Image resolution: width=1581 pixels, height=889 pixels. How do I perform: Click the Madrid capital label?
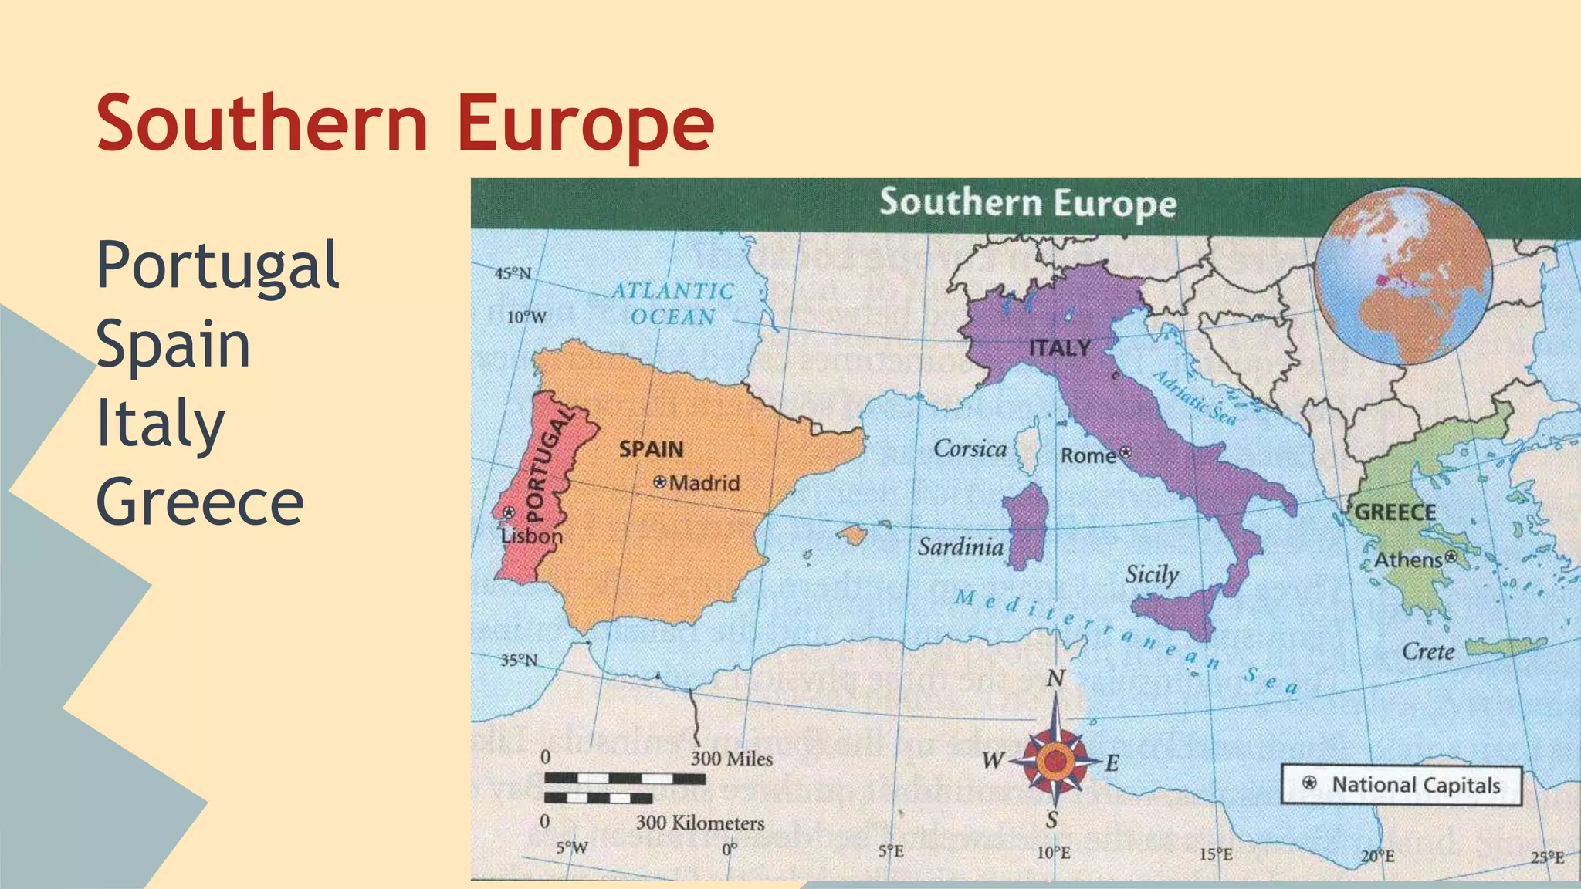click(x=703, y=483)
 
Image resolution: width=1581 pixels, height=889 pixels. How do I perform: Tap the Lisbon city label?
click(x=531, y=536)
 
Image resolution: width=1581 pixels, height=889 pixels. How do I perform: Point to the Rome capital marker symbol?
click(x=1126, y=452)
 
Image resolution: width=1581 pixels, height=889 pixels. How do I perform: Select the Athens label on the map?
click(x=1408, y=559)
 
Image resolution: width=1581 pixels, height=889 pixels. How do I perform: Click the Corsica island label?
click(x=970, y=448)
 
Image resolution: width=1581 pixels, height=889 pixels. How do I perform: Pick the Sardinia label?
click(x=960, y=547)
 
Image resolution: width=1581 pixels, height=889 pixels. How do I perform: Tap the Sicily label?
click(x=1151, y=574)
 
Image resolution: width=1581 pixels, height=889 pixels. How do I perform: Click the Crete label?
click(x=1427, y=652)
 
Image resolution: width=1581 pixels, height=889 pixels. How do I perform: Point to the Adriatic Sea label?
click(x=1194, y=397)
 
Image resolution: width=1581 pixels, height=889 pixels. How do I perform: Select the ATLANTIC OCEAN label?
click(x=672, y=303)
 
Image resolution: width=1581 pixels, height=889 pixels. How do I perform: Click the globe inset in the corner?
click(x=1403, y=275)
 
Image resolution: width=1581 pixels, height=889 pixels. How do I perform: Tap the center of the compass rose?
click(x=1055, y=762)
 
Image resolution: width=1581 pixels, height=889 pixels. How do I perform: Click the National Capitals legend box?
click(x=1400, y=785)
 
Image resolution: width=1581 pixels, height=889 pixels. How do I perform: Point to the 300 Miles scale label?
click(x=731, y=759)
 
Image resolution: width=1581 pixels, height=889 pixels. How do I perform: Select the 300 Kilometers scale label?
click(x=699, y=823)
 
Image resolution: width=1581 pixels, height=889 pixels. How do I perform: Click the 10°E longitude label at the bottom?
click(x=1053, y=853)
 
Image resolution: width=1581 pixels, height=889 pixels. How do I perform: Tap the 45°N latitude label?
click(x=513, y=274)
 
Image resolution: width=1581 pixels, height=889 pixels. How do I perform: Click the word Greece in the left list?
click(x=200, y=502)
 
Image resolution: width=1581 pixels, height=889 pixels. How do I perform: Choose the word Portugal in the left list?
click(x=217, y=265)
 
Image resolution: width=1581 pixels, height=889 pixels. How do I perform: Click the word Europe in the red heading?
click(x=585, y=123)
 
